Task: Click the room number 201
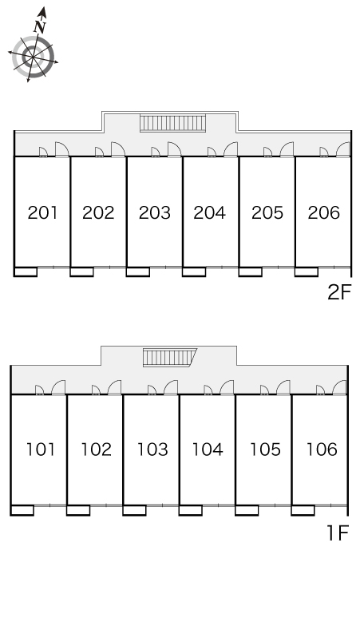pos(42,213)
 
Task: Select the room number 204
pos(210,213)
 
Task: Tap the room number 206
pos(324,213)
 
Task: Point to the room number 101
pos(41,450)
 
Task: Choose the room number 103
pos(152,450)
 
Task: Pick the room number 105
pos(265,450)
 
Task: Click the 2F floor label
pos(338,292)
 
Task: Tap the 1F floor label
pos(338,533)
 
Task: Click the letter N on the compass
pos(40,27)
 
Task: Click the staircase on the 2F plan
pos(173,124)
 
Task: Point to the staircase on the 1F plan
pos(169,358)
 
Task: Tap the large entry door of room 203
pos(174,150)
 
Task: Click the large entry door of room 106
pos(339,387)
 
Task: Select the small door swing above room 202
pos(99,153)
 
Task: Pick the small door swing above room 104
pos(208,390)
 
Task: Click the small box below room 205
pos(251,271)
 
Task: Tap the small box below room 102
pos(78,510)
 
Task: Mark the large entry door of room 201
pos(61,150)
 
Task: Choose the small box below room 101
pos(22,510)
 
